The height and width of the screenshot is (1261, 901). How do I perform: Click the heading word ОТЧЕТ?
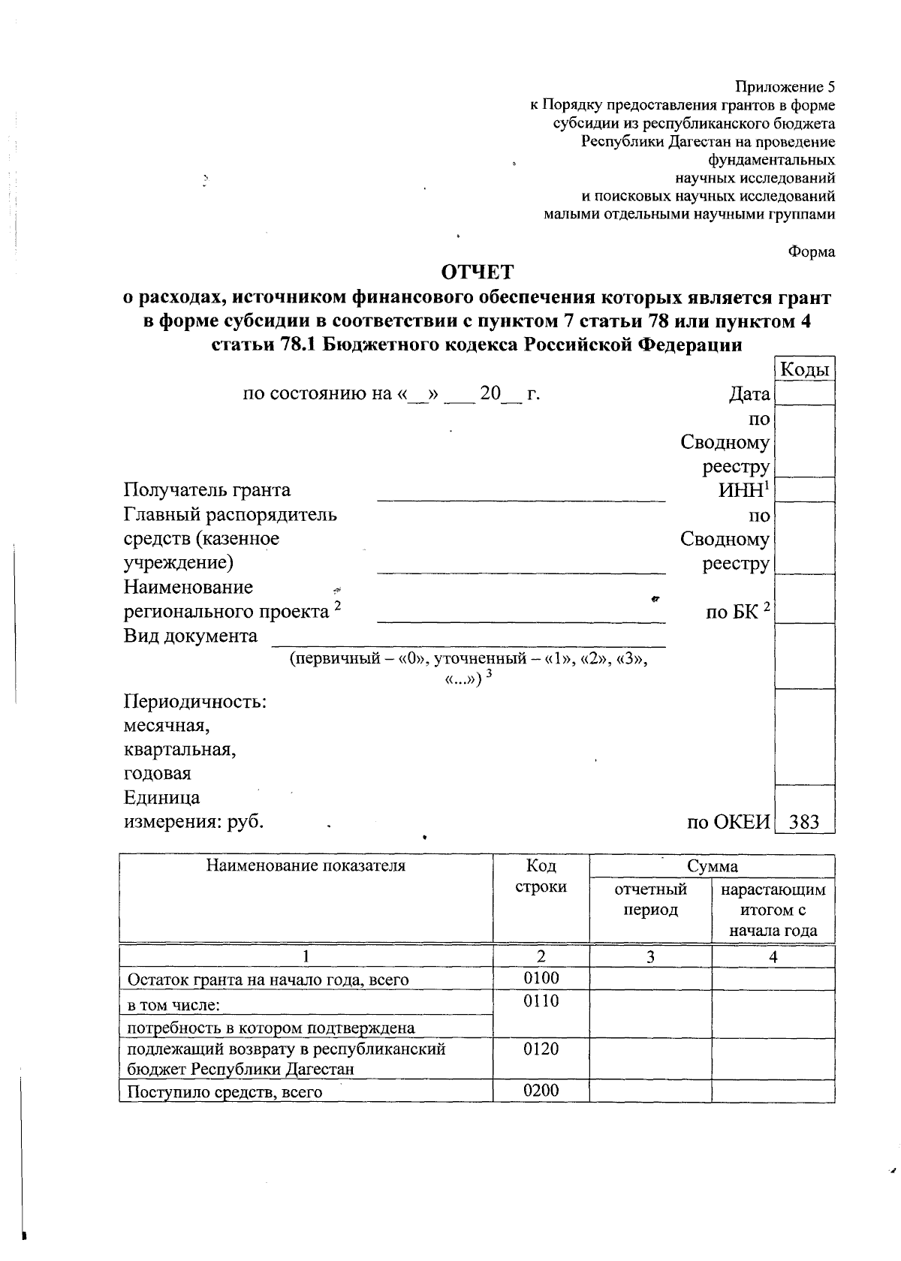(x=478, y=272)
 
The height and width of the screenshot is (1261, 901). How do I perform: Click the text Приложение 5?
(x=785, y=87)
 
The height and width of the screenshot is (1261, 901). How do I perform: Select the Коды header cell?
(x=804, y=369)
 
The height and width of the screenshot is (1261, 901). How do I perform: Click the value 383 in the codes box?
(x=804, y=822)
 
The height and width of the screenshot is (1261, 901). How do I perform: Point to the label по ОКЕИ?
(x=728, y=822)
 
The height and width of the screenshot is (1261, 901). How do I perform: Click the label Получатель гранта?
(x=207, y=490)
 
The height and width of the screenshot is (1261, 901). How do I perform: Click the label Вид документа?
(x=190, y=636)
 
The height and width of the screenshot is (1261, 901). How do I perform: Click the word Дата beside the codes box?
(x=749, y=394)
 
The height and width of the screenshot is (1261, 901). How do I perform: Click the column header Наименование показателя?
(x=306, y=865)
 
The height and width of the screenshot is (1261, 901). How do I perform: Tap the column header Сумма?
(x=712, y=866)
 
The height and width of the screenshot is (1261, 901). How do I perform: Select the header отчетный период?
(x=650, y=899)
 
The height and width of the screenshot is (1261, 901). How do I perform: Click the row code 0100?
(x=541, y=977)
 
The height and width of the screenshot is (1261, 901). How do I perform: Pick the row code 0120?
(x=541, y=1049)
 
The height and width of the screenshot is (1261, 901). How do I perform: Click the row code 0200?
(x=541, y=1091)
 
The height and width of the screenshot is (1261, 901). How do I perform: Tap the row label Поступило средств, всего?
(x=224, y=1092)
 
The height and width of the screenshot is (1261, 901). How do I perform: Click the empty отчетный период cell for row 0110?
(x=650, y=1013)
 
